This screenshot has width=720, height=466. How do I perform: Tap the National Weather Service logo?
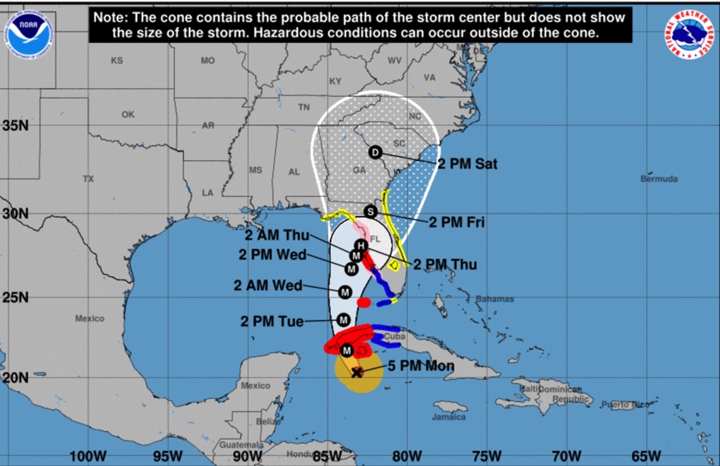(690, 34)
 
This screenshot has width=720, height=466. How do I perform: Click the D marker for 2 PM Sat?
(375, 153)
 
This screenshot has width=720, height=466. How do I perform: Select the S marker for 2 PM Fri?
(371, 211)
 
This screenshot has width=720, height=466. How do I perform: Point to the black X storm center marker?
(357, 372)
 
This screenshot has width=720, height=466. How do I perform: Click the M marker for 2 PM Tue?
(343, 320)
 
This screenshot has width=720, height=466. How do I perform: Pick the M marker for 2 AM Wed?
(345, 292)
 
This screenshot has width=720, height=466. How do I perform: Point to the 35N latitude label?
(15, 125)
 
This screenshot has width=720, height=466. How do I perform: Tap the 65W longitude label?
(646, 455)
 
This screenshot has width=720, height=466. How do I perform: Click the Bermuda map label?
(659, 179)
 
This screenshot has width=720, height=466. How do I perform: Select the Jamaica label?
(448, 417)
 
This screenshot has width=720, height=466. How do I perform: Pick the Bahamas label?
(494, 299)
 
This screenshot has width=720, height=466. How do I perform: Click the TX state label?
(89, 179)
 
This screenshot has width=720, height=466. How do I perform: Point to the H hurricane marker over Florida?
(361, 245)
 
